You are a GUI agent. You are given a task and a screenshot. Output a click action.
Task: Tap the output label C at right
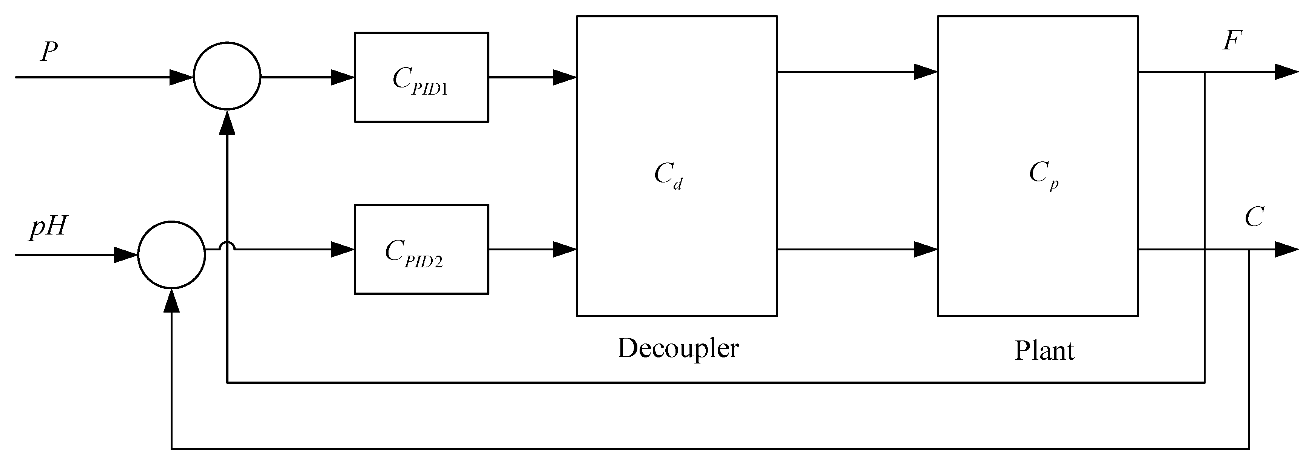click(1254, 218)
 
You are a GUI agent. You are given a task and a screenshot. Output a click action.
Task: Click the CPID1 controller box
click(421, 77)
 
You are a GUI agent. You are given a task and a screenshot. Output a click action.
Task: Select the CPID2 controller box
click(421, 250)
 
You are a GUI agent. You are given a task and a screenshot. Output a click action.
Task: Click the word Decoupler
click(678, 348)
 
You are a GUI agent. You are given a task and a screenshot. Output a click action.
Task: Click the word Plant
click(1044, 351)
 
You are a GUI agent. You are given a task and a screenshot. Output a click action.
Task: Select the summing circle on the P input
click(227, 76)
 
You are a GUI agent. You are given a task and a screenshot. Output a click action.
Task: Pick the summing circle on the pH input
click(172, 255)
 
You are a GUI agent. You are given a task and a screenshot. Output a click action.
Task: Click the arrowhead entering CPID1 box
click(343, 77)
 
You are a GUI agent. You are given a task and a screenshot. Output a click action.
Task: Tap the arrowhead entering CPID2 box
click(343, 250)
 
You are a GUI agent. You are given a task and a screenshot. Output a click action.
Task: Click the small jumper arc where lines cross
click(227, 246)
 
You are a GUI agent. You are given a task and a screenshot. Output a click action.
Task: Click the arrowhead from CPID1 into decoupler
click(564, 77)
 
